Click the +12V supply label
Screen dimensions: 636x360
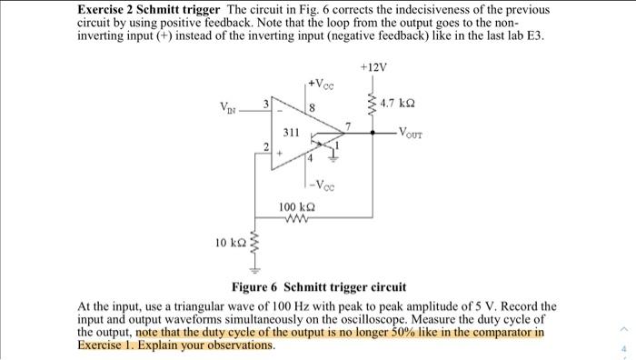pyautogui.click(x=373, y=68)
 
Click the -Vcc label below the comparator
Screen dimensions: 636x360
pyautogui.click(x=323, y=186)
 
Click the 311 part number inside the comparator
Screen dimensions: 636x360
pyautogui.click(x=291, y=133)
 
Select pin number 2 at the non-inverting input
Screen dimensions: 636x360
pyautogui.click(x=266, y=146)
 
